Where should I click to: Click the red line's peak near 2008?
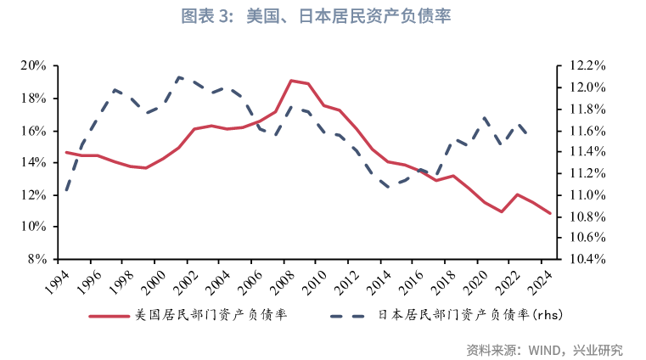(x=291, y=81)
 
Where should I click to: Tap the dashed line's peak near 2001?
(x=179, y=77)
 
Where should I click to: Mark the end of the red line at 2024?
(x=550, y=214)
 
